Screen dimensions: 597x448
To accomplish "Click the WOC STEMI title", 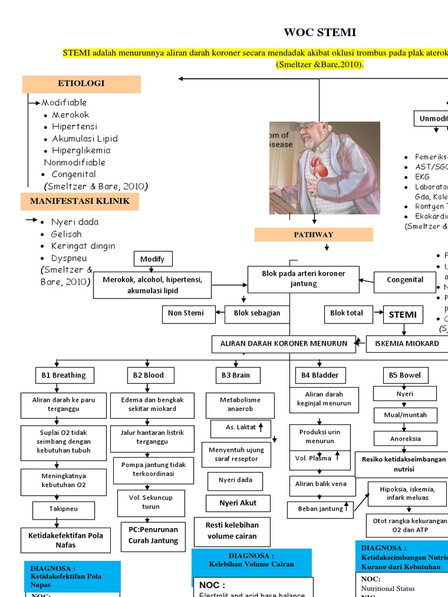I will (320, 32).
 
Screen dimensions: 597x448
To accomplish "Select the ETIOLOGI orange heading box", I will (82, 84).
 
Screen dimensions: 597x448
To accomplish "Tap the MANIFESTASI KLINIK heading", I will (81, 202).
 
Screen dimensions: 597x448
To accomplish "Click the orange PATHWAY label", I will (313, 234).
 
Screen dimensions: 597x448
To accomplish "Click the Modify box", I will (153, 259).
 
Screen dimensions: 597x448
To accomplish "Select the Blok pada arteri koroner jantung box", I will (303, 279).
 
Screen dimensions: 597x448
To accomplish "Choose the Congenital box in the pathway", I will (405, 280).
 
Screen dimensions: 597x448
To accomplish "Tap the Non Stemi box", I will (186, 314).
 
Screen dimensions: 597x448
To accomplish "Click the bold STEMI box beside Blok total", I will (403, 315).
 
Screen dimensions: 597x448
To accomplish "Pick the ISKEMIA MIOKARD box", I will (407, 344).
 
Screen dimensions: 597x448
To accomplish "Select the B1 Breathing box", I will (64, 375).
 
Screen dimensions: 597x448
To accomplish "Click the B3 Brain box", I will (236, 375).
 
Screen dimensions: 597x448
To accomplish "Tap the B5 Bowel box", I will (405, 375).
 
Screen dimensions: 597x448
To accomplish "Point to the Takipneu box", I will (64, 509).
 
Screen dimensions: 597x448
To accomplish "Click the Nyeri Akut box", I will (237, 503).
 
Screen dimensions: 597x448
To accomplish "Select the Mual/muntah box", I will (405, 415).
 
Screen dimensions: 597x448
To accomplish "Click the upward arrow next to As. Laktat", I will (261, 427).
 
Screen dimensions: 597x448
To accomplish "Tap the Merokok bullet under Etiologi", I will (71, 115).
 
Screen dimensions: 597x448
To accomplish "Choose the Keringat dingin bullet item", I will (83, 246).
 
